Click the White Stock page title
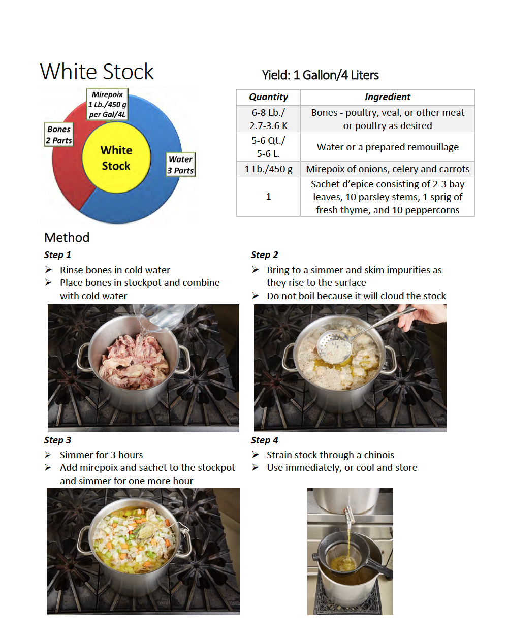click(x=97, y=72)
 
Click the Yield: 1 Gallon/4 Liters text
click(x=320, y=75)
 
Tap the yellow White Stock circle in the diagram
click(x=116, y=158)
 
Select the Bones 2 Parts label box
click(x=59, y=135)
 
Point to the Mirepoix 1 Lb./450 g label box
click(x=107, y=105)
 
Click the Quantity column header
click(x=268, y=97)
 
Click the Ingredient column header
click(x=387, y=97)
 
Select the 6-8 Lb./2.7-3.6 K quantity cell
click(x=268, y=119)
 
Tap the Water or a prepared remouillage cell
click(x=387, y=147)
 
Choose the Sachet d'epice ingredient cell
click(x=387, y=197)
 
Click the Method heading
click(x=67, y=238)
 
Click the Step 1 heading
click(x=57, y=255)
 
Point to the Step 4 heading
click(x=264, y=440)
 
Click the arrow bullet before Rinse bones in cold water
click(x=48, y=270)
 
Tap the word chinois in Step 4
click(x=379, y=455)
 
